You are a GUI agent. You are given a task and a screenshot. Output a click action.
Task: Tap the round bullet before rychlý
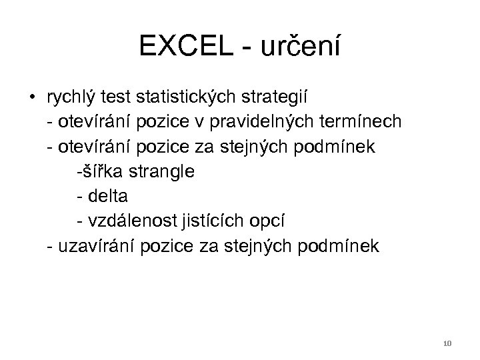31,99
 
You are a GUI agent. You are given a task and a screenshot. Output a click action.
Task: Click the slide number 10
447,343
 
